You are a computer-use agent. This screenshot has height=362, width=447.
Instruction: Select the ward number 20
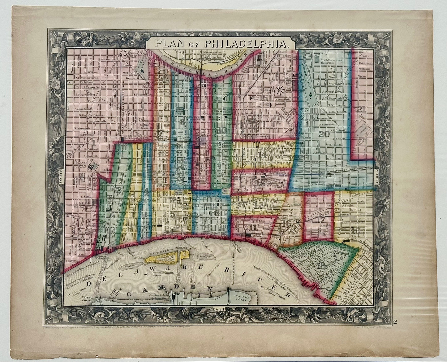point(324,134)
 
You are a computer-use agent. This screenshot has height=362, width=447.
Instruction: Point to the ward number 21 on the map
point(361,109)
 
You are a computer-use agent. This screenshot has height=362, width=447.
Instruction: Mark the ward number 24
point(205,56)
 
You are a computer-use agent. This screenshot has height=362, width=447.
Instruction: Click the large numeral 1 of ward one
point(93,142)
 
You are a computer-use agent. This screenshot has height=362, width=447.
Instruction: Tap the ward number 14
point(262,155)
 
